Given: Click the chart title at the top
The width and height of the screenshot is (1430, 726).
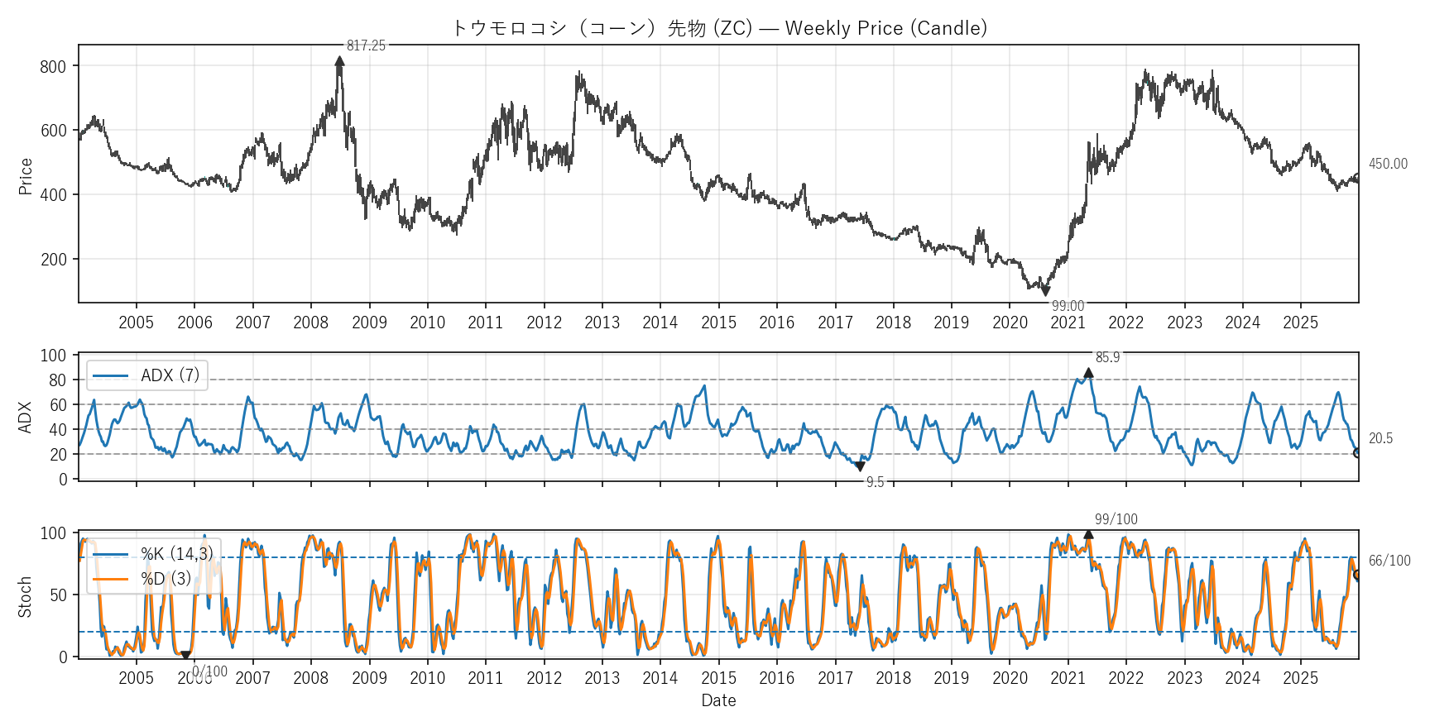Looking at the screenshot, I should click(x=718, y=28).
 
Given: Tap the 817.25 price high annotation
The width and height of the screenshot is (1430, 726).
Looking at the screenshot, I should click(x=366, y=45).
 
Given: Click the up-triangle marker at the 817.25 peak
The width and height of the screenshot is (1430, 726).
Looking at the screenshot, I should click(x=339, y=61).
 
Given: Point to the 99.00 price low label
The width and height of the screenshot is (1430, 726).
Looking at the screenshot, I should click(x=1068, y=306).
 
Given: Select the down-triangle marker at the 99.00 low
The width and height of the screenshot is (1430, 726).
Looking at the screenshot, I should click(x=1046, y=291).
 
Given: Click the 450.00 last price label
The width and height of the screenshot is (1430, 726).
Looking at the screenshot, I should click(x=1388, y=164).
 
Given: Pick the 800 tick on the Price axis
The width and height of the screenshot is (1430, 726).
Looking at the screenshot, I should click(x=53, y=66).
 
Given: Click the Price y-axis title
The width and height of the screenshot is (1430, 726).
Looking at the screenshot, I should click(x=25, y=176).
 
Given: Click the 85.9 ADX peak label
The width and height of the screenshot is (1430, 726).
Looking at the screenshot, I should click(x=1107, y=357).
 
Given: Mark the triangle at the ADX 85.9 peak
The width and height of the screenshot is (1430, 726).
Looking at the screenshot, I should click(x=1088, y=373).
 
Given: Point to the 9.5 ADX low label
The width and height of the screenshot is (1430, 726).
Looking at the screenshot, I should click(x=875, y=482).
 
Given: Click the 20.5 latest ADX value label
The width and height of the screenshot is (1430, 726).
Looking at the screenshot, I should click(x=1380, y=438).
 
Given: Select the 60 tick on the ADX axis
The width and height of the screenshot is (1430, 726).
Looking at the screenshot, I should click(x=58, y=405).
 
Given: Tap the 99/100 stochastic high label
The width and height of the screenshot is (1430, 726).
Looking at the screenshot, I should click(x=1116, y=519).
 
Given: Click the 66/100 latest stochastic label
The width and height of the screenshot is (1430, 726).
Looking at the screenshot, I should click(x=1389, y=561).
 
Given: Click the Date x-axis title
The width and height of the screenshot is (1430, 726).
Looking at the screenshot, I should click(x=718, y=700).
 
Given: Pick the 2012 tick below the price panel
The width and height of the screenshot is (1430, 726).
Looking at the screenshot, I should click(x=544, y=322).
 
